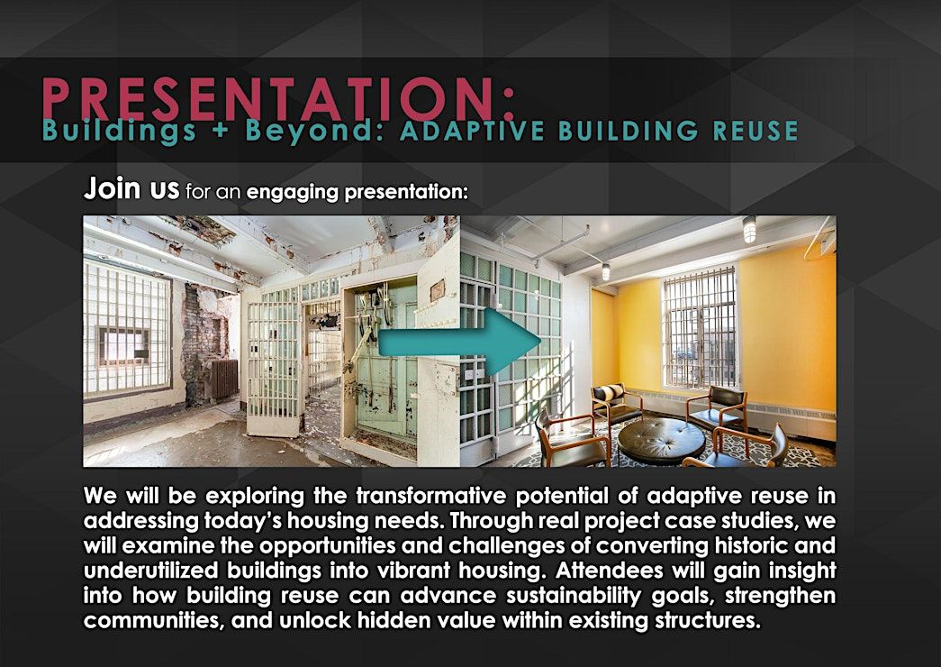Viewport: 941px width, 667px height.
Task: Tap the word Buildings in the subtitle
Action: tap(120, 131)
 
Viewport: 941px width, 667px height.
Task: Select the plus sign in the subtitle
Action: tap(222, 131)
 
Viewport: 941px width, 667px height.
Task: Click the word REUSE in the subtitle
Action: tap(755, 131)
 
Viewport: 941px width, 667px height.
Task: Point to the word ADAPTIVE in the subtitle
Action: tap(472, 131)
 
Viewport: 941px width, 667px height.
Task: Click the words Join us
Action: tap(131, 188)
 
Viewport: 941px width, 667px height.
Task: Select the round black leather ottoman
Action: tap(661, 441)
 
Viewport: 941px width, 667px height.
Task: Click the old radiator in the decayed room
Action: tap(224, 379)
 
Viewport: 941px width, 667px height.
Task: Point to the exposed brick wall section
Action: tap(201, 345)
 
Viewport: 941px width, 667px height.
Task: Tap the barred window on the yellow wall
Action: tap(700, 329)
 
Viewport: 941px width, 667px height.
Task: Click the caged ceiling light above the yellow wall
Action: tap(749, 229)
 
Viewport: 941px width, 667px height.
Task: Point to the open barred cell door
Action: tap(273, 368)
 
